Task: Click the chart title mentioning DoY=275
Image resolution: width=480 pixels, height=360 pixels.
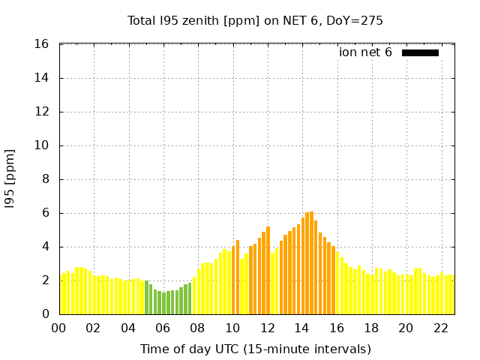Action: pyautogui.click(x=255, y=20)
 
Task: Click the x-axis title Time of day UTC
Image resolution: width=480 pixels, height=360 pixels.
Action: pyautogui.click(x=255, y=349)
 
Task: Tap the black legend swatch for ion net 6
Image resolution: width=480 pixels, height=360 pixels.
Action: pyautogui.click(x=420, y=52)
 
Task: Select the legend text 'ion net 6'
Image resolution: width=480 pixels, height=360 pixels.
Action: pyautogui.click(x=365, y=52)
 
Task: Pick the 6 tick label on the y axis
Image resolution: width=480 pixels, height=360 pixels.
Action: pyautogui.click(x=45, y=213)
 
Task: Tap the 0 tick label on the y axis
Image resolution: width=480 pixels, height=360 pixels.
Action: pyautogui.click(x=45, y=314)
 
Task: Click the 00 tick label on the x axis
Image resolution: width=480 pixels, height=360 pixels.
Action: pyautogui.click(x=59, y=328)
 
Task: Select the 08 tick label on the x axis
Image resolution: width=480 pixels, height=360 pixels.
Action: pyautogui.click(x=197, y=328)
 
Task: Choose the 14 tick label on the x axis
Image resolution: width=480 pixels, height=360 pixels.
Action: pyautogui.click(x=301, y=328)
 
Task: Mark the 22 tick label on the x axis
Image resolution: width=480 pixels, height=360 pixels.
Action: pyautogui.click(x=440, y=328)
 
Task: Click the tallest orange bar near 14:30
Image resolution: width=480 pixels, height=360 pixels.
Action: pyautogui.click(x=311, y=262)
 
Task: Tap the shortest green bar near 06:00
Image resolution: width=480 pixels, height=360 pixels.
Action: pyautogui.click(x=163, y=303)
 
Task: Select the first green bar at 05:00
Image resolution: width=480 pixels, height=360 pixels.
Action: pyautogui.click(x=146, y=298)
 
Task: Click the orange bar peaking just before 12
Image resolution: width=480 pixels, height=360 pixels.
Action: pyautogui.click(x=268, y=270)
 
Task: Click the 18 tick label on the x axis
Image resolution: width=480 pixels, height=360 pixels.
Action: pyautogui.click(x=370, y=328)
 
